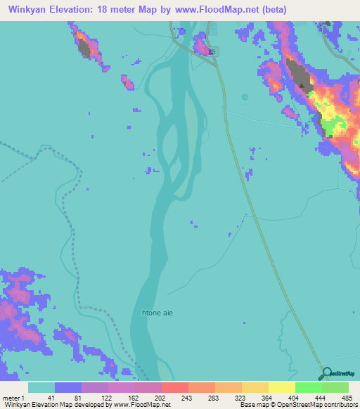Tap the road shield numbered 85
coord(213,51)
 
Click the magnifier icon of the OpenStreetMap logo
coord(326,375)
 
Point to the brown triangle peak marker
coord(302,86)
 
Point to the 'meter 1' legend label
coord(13,397)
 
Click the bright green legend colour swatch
coord(308,387)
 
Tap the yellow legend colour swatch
coord(281,387)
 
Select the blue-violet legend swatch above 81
coord(68,387)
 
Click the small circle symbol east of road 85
coord(245,97)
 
